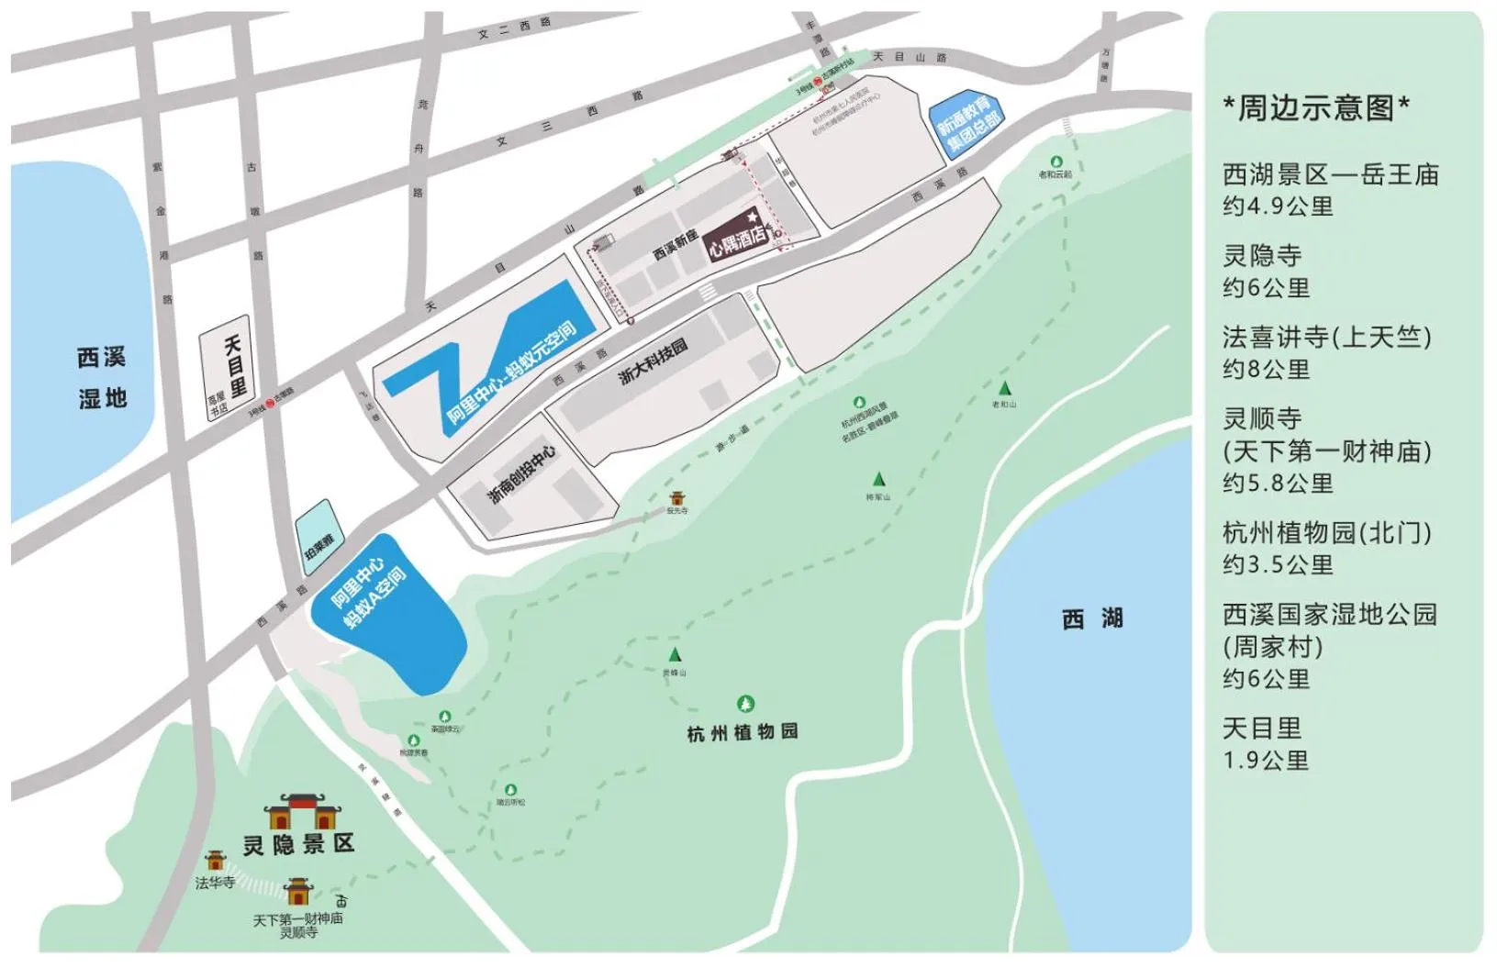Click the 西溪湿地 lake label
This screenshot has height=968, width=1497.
tap(102, 377)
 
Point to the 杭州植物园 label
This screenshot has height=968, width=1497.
tap(743, 732)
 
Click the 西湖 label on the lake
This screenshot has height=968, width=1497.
tap(1092, 619)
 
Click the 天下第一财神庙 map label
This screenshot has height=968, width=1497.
tap(298, 918)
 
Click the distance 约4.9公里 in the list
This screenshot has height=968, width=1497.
tap(1278, 206)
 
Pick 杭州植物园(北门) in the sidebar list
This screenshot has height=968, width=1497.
tap(1327, 532)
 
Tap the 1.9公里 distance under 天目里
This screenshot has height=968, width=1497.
tap(1266, 761)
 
